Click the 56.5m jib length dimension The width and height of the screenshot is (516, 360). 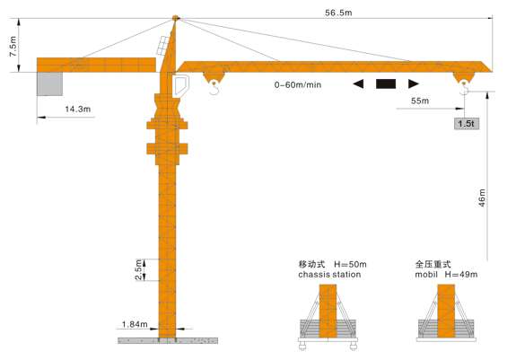tap(338, 13)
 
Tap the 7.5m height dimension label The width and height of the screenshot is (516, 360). tap(13, 47)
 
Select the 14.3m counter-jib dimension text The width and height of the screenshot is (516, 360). tap(78, 109)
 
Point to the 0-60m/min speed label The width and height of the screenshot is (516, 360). tap(298, 85)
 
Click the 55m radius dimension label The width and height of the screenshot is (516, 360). tap(420, 101)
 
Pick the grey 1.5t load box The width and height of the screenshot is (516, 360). tap(467, 124)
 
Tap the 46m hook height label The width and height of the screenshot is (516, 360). tap(482, 198)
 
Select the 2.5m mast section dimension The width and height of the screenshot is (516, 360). tap(138, 270)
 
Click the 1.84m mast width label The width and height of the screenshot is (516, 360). tap(135, 324)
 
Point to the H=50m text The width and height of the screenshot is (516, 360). tap(350, 264)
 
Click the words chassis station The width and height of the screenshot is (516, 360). tap(329, 275)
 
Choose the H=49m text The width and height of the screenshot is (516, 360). tap(461, 275)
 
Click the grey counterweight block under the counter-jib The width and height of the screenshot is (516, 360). tap(49, 83)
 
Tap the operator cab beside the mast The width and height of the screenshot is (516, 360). tap(180, 86)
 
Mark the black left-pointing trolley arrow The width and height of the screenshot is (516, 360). tap(358, 83)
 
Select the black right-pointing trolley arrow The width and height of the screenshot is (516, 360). tap(414, 83)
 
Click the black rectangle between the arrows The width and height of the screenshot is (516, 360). tap(386, 83)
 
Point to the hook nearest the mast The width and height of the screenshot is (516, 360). tap(214, 88)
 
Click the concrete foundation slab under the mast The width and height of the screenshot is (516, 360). tap(168, 340)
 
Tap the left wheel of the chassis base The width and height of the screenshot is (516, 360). tap(302, 346)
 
